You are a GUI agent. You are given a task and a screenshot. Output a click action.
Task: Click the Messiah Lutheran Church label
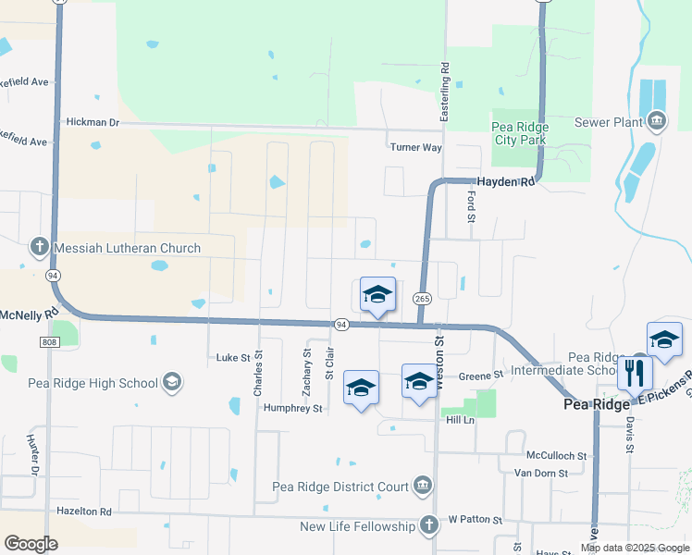click(128, 248)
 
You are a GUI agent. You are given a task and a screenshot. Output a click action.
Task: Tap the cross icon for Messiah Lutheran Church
click(39, 247)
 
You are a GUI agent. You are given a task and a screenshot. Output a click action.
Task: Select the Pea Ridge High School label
click(93, 382)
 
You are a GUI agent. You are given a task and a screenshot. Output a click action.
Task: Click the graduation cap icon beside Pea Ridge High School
click(171, 382)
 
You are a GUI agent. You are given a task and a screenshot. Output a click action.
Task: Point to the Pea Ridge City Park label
click(519, 133)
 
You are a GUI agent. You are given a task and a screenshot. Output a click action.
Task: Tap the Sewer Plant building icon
click(656, 120)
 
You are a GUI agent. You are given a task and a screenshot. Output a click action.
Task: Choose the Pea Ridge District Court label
click(340, 487)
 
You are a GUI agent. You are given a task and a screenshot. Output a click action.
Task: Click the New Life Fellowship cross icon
click(428, 525)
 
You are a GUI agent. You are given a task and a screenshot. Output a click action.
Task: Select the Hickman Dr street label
click(93, 122)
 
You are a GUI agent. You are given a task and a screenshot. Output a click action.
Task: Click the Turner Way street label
click(415, 147)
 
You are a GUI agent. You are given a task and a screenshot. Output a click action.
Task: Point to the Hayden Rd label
click(506, 182)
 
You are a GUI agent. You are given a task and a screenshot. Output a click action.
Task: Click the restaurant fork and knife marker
click(635, 373)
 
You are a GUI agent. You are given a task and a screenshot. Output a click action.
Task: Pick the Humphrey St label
click(292, 408)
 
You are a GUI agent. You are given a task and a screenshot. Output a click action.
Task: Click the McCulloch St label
click(557, 456)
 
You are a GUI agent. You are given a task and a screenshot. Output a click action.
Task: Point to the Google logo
click(31, 544)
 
